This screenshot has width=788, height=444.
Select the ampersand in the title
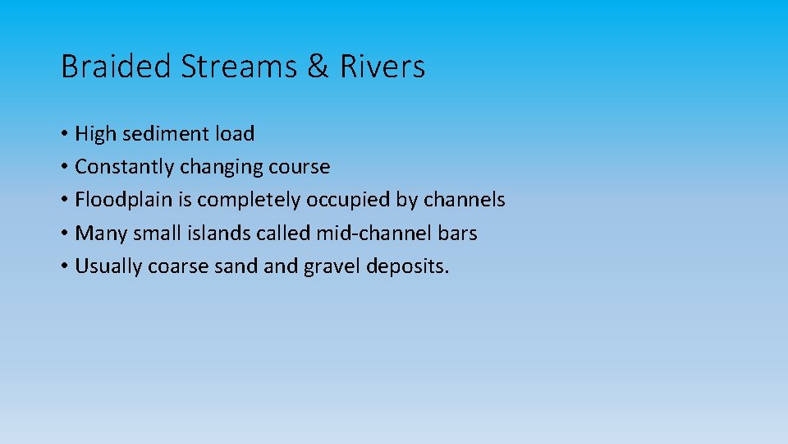click(318, 67)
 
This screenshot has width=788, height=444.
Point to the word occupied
click(346, 200)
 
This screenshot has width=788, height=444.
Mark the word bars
click(458, 233)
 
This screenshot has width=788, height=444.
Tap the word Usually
click(108, 266)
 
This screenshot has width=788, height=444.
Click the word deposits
click(409, 266)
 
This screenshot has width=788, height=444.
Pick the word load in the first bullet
click(235, 133)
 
